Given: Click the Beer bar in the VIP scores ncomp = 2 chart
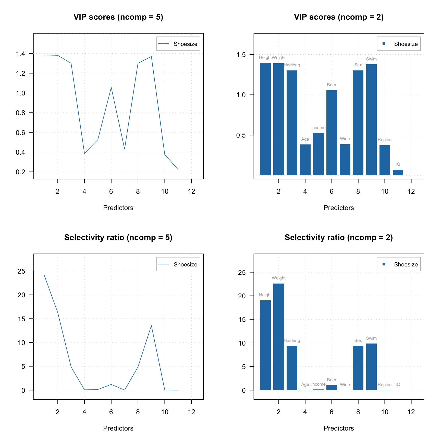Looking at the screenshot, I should click(332, 133).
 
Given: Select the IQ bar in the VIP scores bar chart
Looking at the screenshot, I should click(398, 173).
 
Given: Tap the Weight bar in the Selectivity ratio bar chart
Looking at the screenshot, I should click(278, 337).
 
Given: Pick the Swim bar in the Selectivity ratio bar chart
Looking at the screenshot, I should click(371, 367).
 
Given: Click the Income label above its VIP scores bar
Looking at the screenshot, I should click(318, 128).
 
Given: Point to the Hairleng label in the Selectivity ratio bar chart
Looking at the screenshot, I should click(292, 340).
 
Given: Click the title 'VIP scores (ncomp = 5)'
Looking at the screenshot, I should click(118, 17).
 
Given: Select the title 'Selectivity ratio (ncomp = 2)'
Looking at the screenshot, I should click(339, 237).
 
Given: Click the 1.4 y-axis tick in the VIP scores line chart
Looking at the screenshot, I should click(20, 54).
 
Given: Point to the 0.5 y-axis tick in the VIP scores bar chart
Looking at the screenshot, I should click(241, 135).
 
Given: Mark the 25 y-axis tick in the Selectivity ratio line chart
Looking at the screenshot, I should click(21, 271).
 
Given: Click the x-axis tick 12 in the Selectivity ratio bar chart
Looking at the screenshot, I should click(411, 412).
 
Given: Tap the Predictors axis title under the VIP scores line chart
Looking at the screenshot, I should click(118, 208).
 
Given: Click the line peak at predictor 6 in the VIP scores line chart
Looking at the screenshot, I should click(111, 88).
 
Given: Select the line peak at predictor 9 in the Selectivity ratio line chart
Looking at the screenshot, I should click(151, 325).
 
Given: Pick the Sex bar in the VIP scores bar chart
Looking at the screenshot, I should click(358, 122).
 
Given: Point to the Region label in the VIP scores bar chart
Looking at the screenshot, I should click(385, 140).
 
